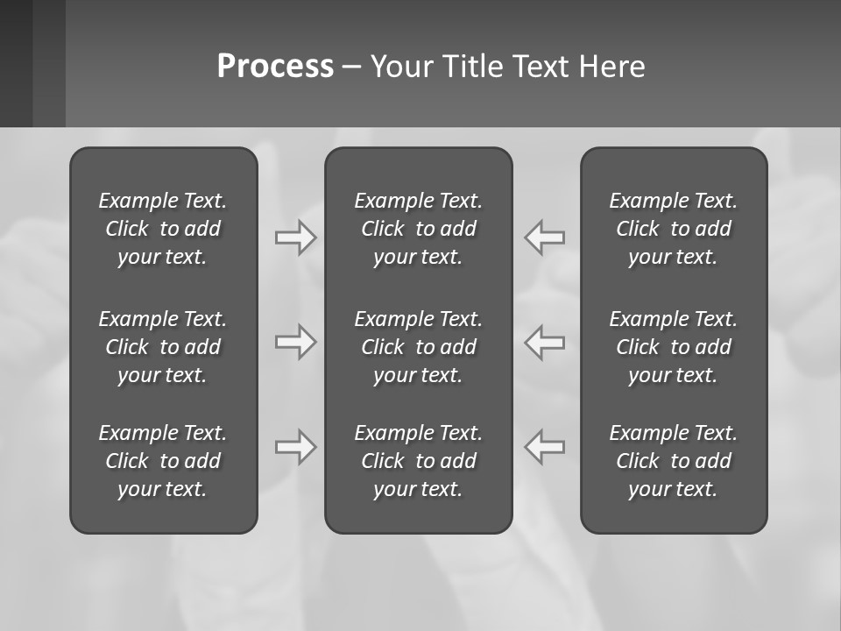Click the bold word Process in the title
pos(275,67)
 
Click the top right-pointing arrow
pos(295,238)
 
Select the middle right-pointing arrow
pos(295,341)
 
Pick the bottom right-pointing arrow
pos(295,446)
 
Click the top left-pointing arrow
pos(544,238)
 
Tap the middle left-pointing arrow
pos(544,341)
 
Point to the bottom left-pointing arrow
pos(544,446)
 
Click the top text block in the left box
pos(163,229)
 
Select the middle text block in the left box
pos(163,347)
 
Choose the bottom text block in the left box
pos(163,461)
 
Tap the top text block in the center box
pos(419,229)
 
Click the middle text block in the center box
pos(419,347)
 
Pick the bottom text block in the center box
pos(419,461)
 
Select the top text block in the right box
pos(674,229)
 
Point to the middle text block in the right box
pos(674,347)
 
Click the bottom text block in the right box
pos(674,461)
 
